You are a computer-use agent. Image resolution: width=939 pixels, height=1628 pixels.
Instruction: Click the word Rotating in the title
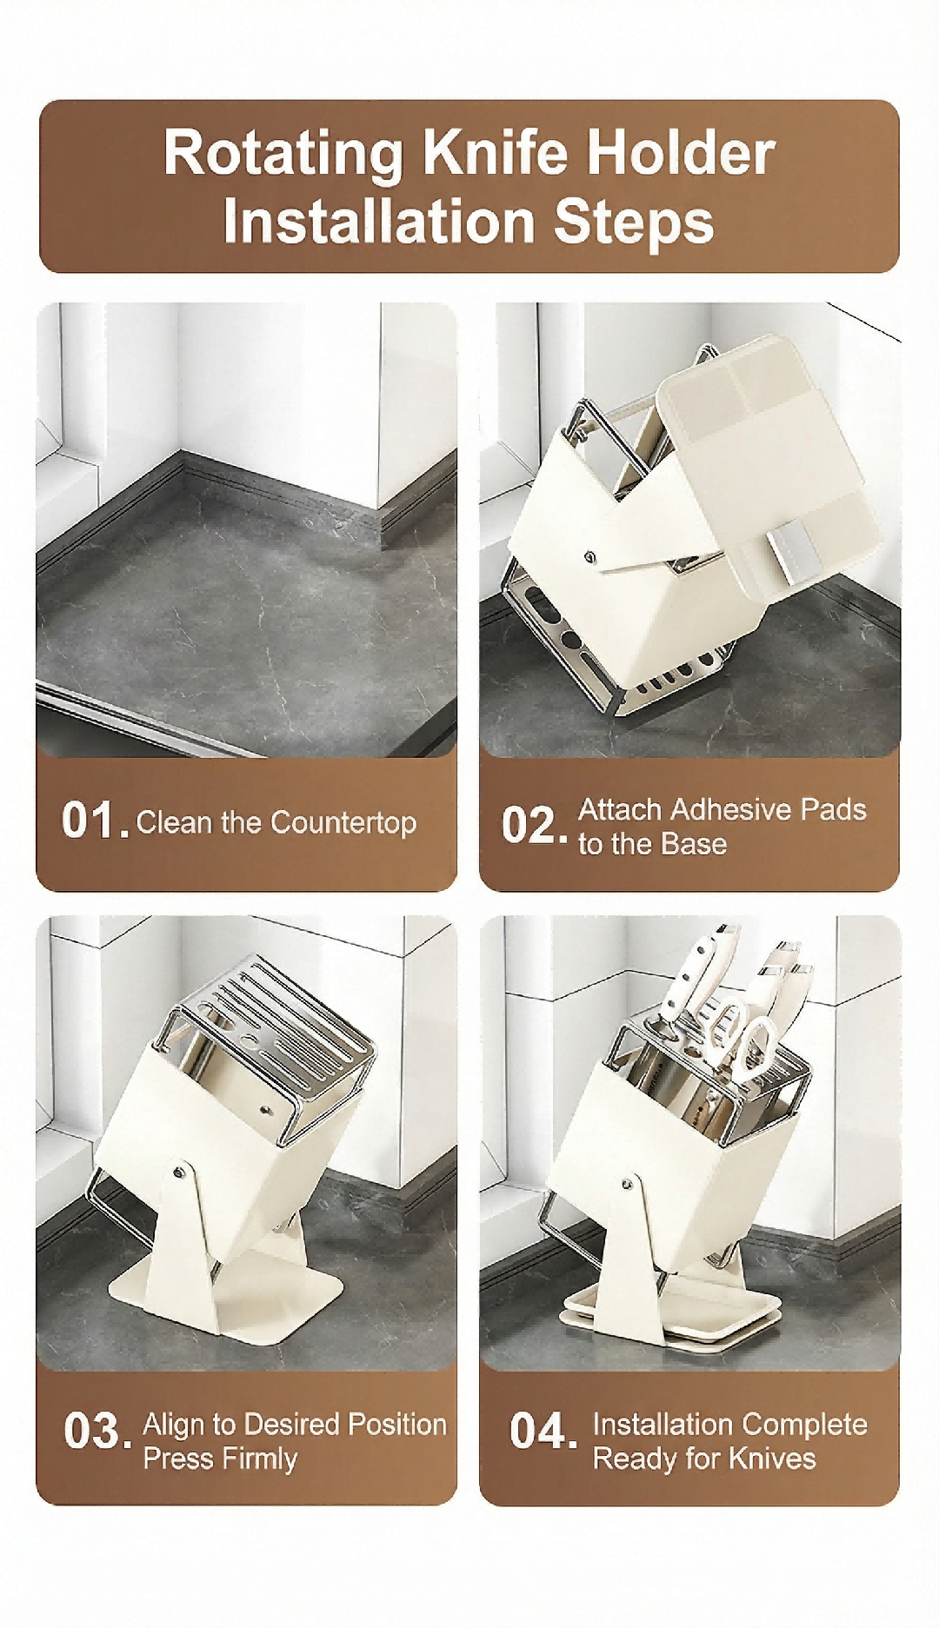click(283, 154)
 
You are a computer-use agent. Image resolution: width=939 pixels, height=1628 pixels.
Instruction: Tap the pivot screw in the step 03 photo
click(179, 1173)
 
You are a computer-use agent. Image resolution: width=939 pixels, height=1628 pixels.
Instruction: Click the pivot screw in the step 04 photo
click(627, 1183)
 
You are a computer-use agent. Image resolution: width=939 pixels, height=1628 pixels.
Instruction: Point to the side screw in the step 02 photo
click(590, 556)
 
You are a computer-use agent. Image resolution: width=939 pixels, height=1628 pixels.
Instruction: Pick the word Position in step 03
click(396, 1425)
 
